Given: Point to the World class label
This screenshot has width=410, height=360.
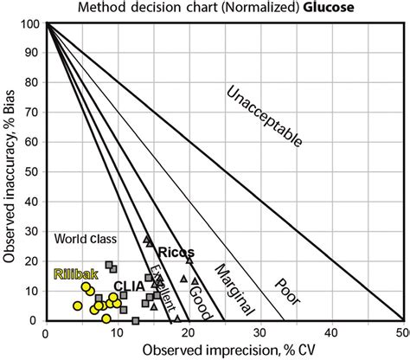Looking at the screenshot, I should tap(85, 238).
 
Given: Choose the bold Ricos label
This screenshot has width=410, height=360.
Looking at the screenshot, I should tap(176, 252).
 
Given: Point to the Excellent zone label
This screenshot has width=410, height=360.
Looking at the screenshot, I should tap(161, 291).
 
